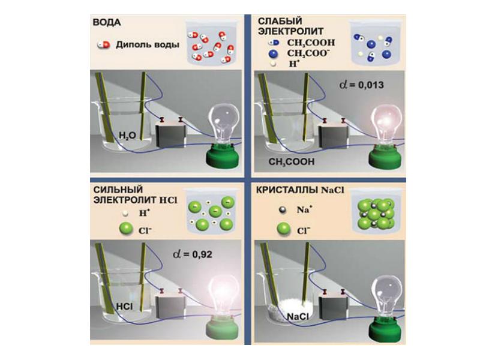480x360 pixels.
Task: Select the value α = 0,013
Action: [x=360, y=85]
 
